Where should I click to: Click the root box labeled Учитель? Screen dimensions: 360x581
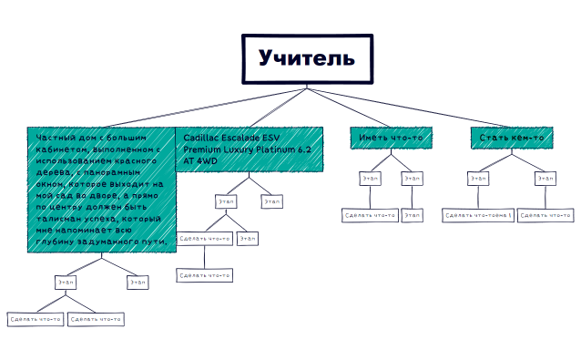[306, 59]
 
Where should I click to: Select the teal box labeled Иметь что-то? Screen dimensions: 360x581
[390, 138]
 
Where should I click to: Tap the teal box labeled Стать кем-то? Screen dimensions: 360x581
[511, 138]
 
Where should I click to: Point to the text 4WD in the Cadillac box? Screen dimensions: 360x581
[207, 160]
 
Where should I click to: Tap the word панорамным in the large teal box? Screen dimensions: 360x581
[117, 172]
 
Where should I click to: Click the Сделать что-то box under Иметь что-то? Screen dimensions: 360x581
[370, 215]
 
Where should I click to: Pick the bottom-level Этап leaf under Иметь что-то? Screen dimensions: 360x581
[413, 215]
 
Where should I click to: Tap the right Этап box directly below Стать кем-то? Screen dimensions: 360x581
[545, 179]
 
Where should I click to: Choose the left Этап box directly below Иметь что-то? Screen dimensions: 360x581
[370, 179]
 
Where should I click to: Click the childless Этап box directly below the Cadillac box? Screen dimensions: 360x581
[271, 201]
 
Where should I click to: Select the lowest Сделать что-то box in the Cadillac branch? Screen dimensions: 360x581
[205, 274]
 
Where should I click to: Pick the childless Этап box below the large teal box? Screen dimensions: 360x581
[138, 283]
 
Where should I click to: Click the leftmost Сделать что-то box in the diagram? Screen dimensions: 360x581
[35, 319]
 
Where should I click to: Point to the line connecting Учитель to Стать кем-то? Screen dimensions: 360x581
[410, 108]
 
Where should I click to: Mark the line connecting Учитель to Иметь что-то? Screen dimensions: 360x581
[350, 108]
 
